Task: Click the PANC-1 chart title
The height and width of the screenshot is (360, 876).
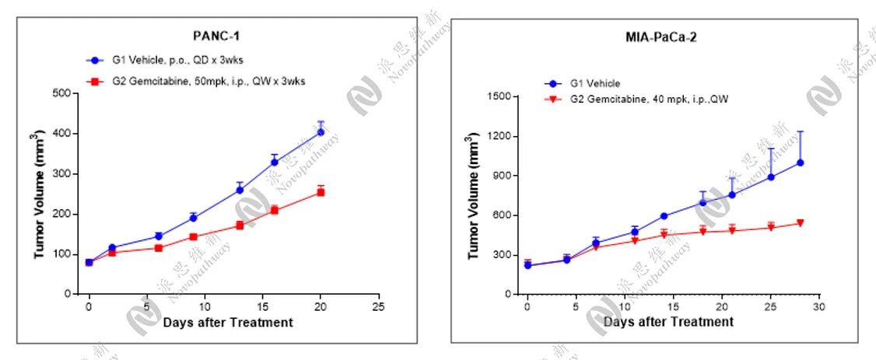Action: pos(212,35)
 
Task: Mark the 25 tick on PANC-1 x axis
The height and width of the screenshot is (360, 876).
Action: pos(379,306)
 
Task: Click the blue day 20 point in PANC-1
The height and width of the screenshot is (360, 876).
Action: pos(321,132)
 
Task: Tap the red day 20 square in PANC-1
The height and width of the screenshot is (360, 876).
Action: pos(321,192)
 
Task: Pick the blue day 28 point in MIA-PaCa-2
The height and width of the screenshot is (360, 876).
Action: pos(800,163)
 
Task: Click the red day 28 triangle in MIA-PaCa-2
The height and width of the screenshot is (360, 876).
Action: pos(800,224)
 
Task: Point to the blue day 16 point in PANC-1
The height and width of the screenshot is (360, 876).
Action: pos(274,162)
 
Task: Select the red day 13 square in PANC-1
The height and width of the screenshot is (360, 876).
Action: pos(240,225)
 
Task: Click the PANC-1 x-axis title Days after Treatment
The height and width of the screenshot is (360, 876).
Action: pos(228,323)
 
